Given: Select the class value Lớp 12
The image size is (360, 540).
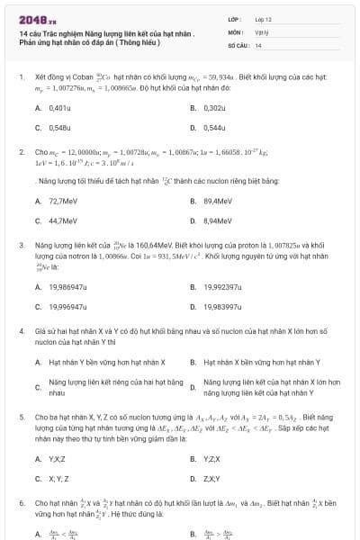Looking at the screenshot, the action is [x=263, y=18].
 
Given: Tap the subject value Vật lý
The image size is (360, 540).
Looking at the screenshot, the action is [x=260, y=31].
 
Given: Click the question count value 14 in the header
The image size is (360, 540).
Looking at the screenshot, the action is [x=258, y=44].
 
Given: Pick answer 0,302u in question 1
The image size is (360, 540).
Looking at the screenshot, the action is [x=214, y=108].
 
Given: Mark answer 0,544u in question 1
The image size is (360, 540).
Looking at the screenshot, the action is [x=214, y=128].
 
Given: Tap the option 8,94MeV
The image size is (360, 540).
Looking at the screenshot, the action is [x=218, y=220].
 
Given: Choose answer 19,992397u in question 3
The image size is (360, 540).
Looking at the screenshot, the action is [x=222, y=287].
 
